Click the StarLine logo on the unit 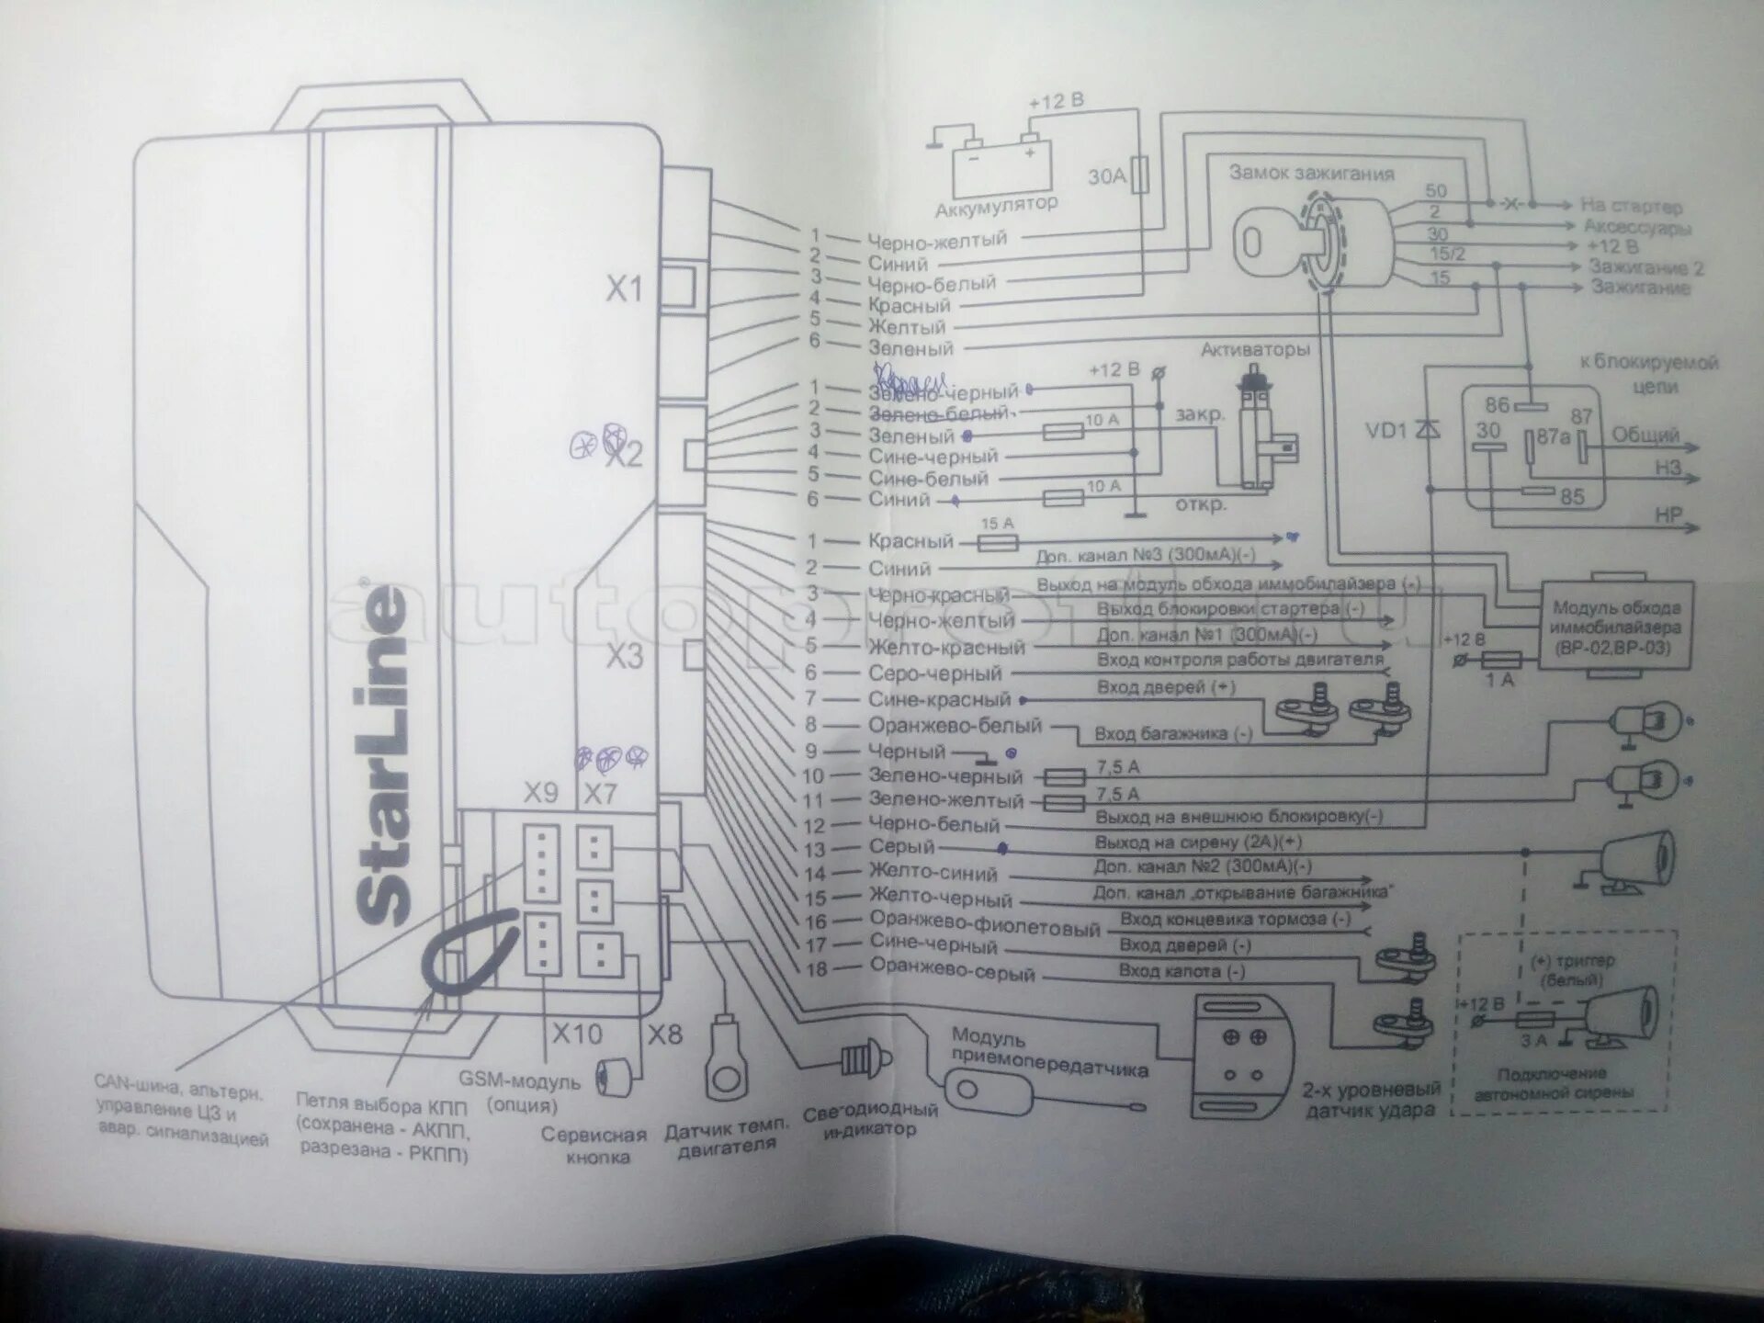[x=381, y=753]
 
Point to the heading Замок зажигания [x=1311, y=173]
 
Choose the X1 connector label [x=624, y=290]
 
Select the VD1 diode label [x=1385, y=431]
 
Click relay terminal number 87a [x=1553, y=438]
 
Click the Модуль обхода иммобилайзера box [x=1616, y=628]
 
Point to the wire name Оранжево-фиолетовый [x=985, y=925]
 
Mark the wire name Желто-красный [x=946, y=648]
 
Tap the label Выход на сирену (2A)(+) [x=1198, y=842]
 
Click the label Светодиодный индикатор [x=869, y=1119]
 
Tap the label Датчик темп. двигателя [x=727, y=1139]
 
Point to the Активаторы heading [x=1255, y=350]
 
